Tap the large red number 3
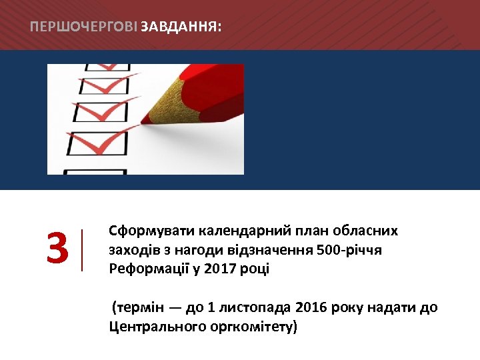tap(58, 249)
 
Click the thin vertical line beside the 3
tap(82, 249)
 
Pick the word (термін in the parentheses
tap(135, 307)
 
